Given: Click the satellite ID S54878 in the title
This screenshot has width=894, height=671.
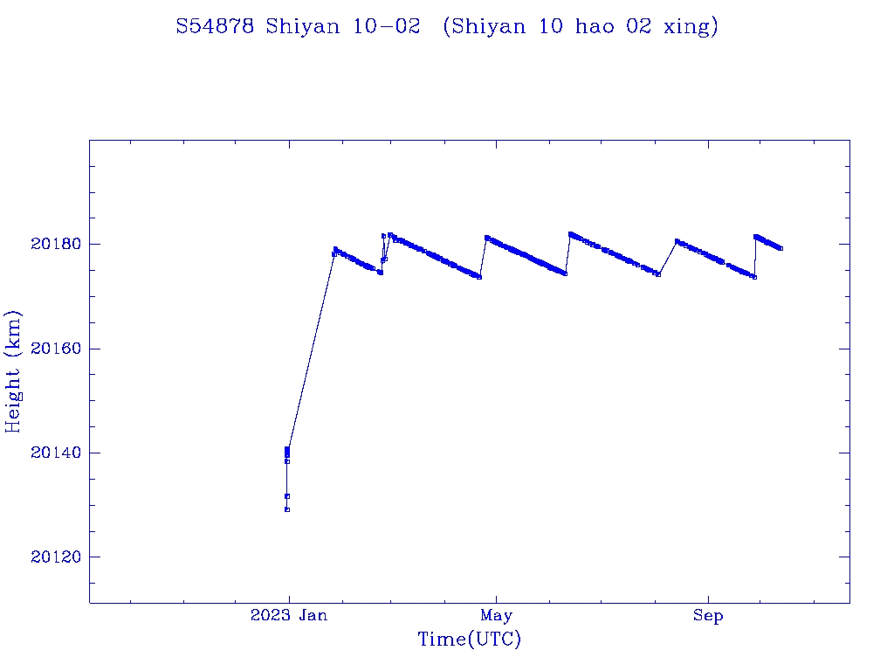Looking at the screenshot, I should [215, 27].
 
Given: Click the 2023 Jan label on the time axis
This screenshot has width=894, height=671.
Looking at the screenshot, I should [289, 616].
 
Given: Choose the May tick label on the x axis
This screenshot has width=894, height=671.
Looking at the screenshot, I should [496, 616].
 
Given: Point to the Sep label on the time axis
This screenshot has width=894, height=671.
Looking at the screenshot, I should [708, 616].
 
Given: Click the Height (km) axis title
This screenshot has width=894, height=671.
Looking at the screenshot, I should [14, 371].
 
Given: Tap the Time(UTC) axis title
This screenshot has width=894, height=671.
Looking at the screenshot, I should [469, 640].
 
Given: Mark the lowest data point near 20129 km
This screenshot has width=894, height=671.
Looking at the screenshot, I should [287, 509].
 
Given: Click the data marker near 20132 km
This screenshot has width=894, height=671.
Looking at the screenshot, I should [287, 495].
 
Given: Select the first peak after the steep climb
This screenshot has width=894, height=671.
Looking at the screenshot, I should [335, 249].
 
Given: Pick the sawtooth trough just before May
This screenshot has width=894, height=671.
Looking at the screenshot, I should [479, 277].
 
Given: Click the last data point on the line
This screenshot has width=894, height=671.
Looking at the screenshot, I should [781, 249].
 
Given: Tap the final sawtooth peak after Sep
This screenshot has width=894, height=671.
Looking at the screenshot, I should [755, 236].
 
